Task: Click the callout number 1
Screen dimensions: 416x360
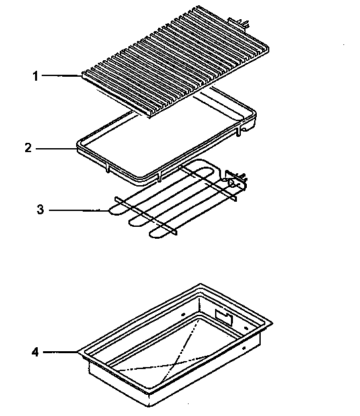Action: click(35, 75)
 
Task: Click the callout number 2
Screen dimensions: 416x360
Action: click(28, 148)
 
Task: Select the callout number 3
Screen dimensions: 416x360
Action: click(40, 211)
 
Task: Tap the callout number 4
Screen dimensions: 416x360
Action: click(35, 352)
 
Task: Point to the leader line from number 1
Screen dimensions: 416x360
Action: click(62, 75)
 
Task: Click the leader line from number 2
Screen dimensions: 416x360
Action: click(56, 148)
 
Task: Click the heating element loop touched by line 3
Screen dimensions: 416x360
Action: click(112, 211)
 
